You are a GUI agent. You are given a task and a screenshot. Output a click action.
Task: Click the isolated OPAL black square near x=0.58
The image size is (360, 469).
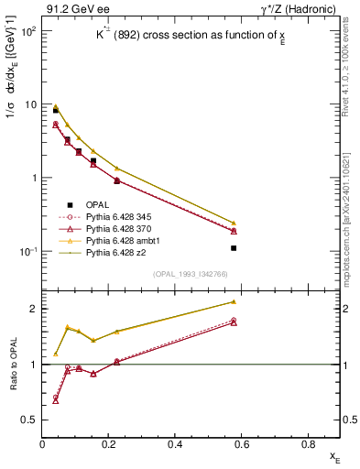[234, 248]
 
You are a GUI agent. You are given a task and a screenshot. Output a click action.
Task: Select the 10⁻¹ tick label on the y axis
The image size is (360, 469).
[27, 252]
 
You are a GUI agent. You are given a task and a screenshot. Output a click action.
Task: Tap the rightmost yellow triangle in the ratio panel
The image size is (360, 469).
[234, 301]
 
